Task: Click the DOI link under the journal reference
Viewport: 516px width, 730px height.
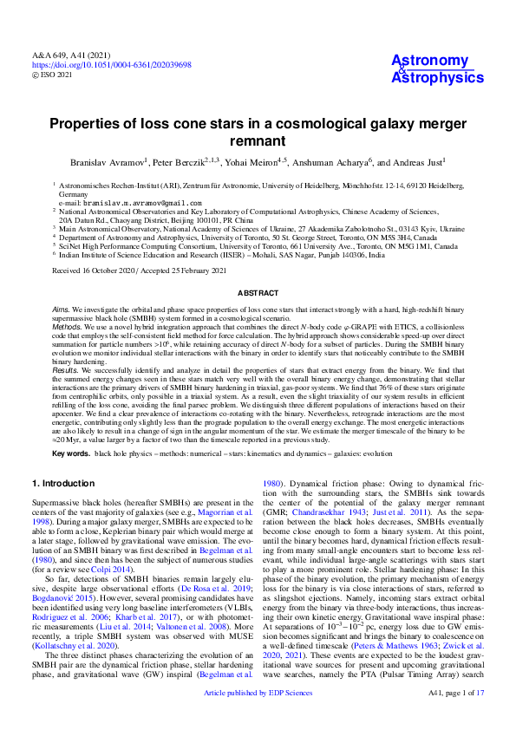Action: point(112,65)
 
